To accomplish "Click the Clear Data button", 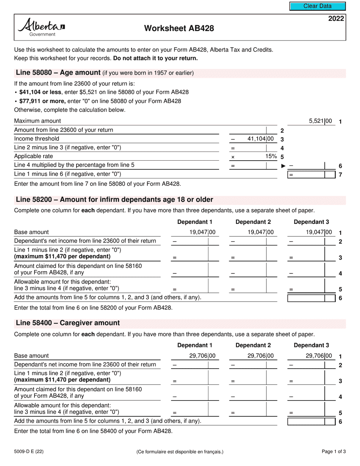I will coord(318,6).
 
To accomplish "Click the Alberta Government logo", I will coord(41,27).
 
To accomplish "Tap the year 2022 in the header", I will coord(336,19).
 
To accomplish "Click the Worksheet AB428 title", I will coord(179,28).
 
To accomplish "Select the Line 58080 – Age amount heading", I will coord(58,73).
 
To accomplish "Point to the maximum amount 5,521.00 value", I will coord(320,121).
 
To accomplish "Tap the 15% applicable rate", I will coord(271,156).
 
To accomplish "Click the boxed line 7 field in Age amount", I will coord(311,175).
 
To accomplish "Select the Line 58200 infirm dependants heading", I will coord(114,200).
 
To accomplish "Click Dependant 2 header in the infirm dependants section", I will coord(253,222).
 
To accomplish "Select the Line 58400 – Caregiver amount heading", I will coord(67,323).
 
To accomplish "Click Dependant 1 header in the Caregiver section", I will coord(195,345).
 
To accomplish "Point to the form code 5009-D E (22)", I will coord(30,451).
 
